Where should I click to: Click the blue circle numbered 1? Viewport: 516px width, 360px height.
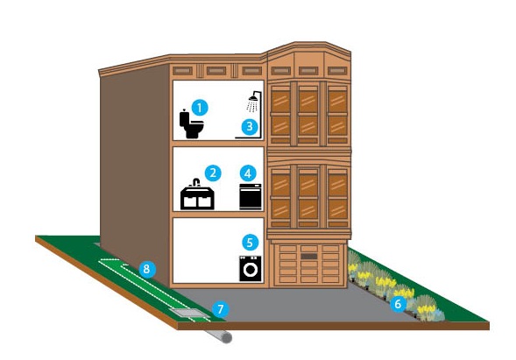click(x=200, y=108)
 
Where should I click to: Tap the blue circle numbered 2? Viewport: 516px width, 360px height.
click(x=213, y=173)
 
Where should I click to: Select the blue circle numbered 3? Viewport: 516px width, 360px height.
click(x=250, y=126)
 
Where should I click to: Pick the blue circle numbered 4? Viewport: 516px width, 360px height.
click(x=248, y=173)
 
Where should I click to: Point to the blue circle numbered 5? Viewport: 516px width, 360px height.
click(x=250, y=243)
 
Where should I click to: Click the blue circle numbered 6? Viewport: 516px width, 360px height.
click(x=399, y=304)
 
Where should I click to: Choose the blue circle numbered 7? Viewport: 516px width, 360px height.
click(x=221, y=309)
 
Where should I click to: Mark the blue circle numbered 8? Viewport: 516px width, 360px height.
click(x=147, y=269)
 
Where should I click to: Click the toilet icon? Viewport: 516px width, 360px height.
click(x=192, y=124)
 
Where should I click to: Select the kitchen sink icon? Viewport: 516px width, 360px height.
click(x=197, y=194)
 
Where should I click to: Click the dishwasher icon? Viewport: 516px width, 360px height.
click(x=251, y=197)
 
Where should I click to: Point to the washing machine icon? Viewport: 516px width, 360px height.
click(x=251, y=269)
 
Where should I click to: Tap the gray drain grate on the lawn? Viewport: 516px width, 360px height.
click(x=189, y=313)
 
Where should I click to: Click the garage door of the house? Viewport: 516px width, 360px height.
click(x=309, y=265)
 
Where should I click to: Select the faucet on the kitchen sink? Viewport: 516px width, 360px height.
click(x=196, y=182)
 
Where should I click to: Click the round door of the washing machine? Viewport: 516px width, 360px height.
click(x=251, y=270)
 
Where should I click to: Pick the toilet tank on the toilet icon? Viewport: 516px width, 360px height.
click(x=184, y=118)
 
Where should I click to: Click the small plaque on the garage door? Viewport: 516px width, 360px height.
click(x=309, y=257)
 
